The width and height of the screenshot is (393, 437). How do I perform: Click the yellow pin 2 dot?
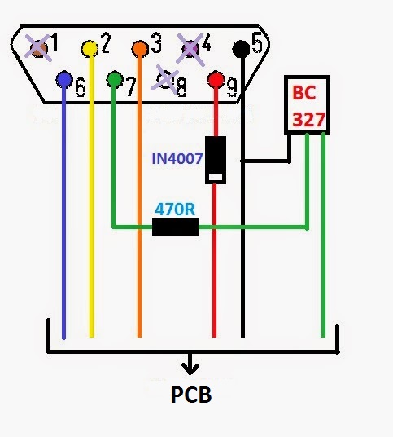pos(90,49)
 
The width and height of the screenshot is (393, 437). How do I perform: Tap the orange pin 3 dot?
pos(140,49)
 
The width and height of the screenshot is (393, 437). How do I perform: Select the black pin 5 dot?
pos(241,48)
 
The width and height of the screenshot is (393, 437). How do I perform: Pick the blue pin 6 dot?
pos(64,80)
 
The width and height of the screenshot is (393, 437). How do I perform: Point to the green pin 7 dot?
pos(115,79)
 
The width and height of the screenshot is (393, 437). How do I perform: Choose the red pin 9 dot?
pos(216,80)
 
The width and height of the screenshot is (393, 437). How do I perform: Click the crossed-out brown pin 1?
pos(38,48)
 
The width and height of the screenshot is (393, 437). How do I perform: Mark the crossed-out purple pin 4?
pos(190,49)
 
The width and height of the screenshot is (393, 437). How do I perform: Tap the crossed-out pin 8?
pos(165,79)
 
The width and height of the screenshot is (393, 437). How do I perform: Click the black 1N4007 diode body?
pos(216,160)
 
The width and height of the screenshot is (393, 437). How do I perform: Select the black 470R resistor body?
pos(175,227)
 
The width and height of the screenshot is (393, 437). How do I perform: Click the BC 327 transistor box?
pos(307,104)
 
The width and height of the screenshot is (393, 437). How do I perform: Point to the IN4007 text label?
pos(177,159)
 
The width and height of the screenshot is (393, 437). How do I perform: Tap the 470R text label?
pos(175,210)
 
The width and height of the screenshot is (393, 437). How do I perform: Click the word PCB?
pos(191,395)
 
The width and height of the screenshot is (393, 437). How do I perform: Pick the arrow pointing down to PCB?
pos(190,364)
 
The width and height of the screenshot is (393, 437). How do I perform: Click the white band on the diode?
pos(216,177)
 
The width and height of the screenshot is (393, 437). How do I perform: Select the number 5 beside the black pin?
pos(257,43)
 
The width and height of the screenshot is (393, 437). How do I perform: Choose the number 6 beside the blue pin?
pos(81,87)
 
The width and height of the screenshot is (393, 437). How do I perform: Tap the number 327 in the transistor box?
pos(308,119)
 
